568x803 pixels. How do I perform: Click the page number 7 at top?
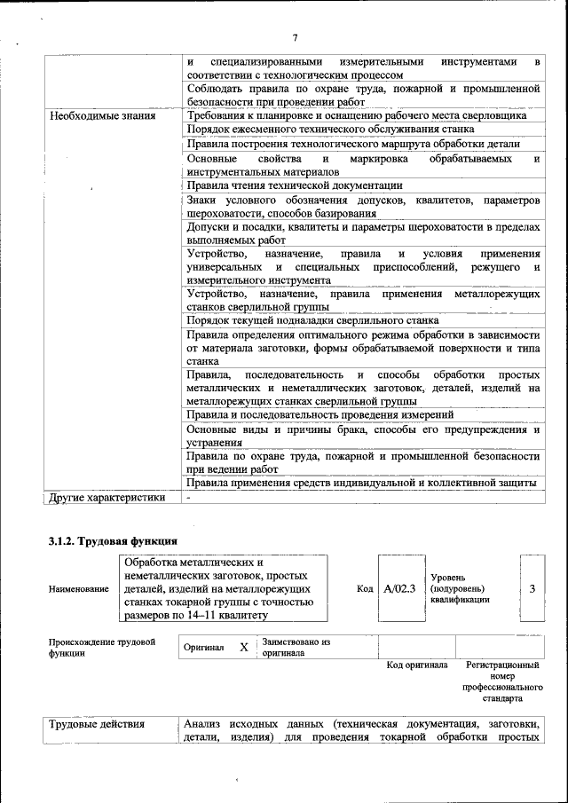pos(295,36)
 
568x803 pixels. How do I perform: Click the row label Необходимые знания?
pos(103,115)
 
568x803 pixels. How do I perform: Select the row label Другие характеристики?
pos(107,498)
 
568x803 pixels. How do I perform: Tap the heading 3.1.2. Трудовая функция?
pos(113,539)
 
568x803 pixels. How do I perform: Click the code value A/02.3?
pos(400,588)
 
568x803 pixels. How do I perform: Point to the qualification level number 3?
pos(531,588)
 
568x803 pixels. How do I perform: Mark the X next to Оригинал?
pos(243,648)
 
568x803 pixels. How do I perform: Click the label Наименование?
pos(79,589)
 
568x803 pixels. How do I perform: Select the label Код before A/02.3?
pos(365,588)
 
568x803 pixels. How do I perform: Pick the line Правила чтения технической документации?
pos(295,185)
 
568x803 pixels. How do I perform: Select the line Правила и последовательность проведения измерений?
pos(320,414)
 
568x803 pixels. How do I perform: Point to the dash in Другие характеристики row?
pos(189,498)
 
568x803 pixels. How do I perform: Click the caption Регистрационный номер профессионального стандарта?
pos(502,681)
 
